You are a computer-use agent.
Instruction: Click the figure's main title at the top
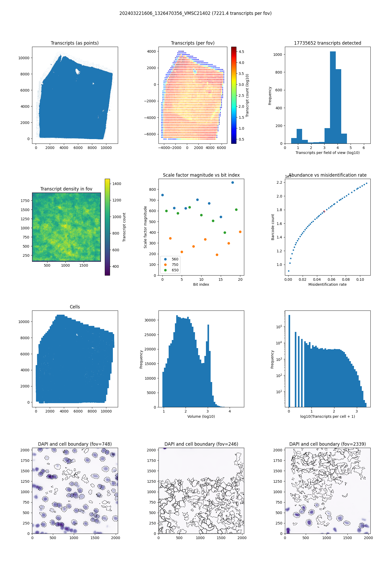(195, 13)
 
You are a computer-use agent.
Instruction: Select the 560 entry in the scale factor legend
(175, 259)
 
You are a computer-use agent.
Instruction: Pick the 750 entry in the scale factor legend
(175, 265)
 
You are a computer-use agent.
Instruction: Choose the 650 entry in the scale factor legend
(175, 270)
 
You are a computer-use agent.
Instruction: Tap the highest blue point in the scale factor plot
(233, 182)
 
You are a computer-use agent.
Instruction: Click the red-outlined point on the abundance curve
(324, 212)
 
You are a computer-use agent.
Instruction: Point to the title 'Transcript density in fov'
(66, 189)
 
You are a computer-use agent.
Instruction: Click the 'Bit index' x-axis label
(201, 284)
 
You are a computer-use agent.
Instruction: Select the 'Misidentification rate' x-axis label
(327, 284)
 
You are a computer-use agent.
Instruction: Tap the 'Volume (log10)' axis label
(201, 416)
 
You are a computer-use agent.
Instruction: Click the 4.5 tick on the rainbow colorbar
(241, 52)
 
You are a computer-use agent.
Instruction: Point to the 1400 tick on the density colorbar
(117, 184)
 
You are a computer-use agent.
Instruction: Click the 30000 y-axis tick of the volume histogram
(150, 320)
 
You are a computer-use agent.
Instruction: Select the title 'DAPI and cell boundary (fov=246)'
(201, 444)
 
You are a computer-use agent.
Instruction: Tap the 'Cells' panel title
(75, 307)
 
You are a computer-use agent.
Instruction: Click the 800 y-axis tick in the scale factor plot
(152, 189)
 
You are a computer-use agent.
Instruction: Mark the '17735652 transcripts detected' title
(327, 43)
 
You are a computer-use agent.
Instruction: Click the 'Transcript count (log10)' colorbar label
(247, 95)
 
